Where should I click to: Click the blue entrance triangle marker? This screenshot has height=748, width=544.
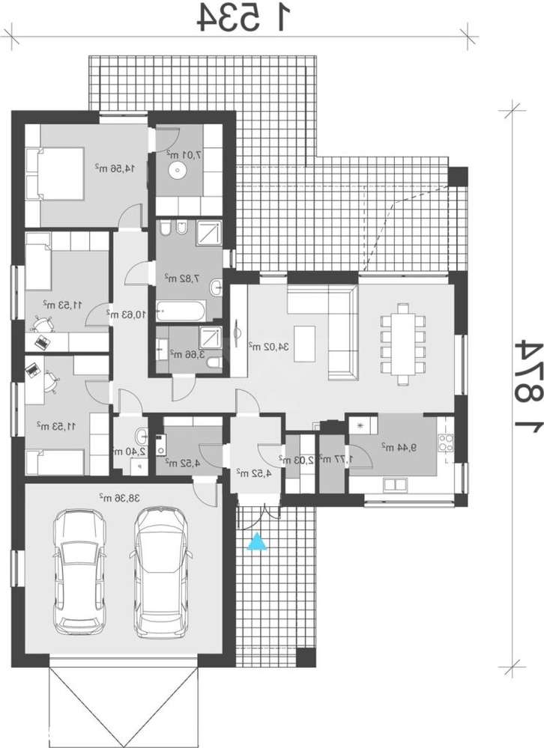(x=257, y=541)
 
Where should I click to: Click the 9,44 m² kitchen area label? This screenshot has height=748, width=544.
(x=394, y=446)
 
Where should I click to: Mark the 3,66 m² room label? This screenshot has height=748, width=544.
(x=182, y=353)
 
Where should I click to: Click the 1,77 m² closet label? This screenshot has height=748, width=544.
(x=329, y=458)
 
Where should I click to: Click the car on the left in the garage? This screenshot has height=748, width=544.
(x=79, y=570)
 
